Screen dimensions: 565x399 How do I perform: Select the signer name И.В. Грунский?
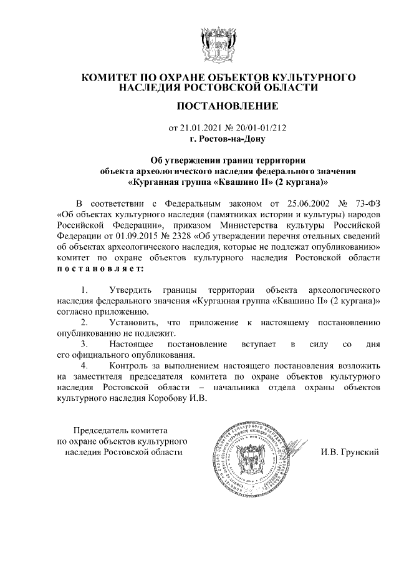pos(350,451)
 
